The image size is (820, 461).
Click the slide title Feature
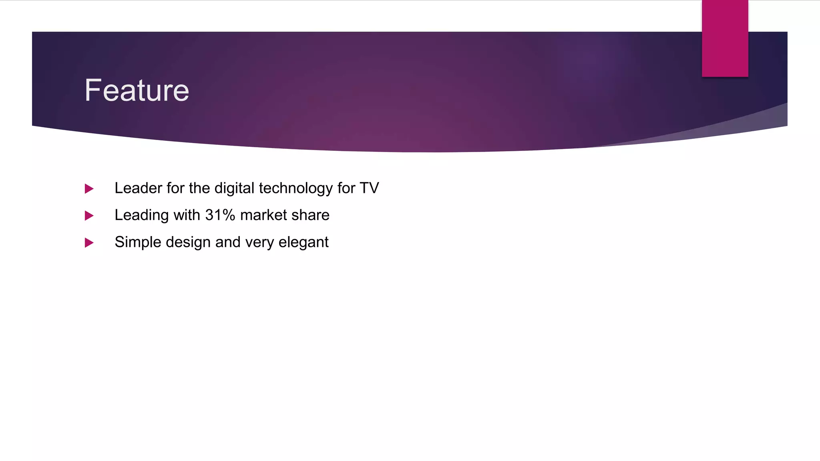137,90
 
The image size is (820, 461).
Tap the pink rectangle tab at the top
725,38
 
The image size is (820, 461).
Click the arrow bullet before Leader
89,188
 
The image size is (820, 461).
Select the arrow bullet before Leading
89,216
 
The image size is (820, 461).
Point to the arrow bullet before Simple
89,243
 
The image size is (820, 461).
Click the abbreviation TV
369,188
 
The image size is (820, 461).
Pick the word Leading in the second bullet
141,215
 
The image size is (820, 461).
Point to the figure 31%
220,215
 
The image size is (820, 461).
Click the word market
263,215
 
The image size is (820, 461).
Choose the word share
310,215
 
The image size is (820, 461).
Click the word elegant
303,243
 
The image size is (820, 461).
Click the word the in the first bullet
199,188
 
